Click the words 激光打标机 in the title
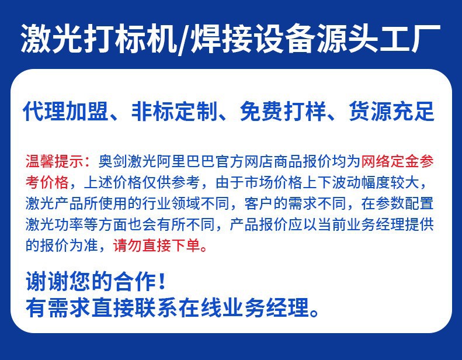[x=96, y=39]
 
